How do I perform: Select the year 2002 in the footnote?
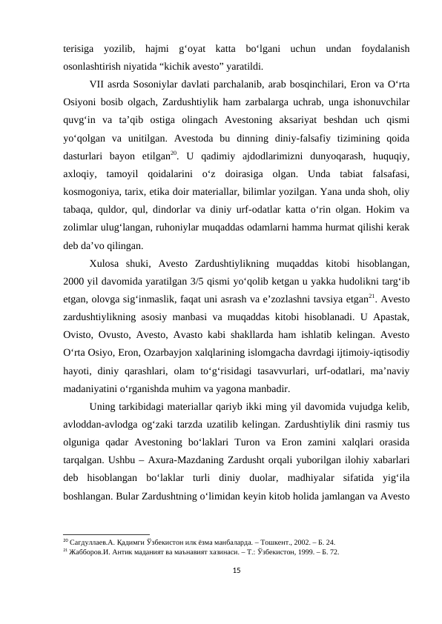[x=293, y=542]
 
